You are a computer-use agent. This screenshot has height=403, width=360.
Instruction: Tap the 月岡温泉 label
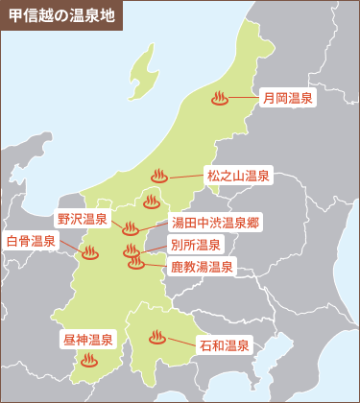click(289, 98)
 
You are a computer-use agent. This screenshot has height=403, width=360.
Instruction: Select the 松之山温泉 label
click(238, 177)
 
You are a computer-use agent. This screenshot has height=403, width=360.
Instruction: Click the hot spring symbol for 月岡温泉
click(220, 98)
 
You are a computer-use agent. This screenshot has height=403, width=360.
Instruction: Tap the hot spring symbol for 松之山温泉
click(160, 176)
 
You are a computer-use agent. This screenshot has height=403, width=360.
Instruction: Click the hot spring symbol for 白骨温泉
click(90, 253)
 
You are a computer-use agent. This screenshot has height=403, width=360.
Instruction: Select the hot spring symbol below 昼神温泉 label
click(89, 361)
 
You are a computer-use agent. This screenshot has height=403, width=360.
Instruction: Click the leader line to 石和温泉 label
click(182, 341)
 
